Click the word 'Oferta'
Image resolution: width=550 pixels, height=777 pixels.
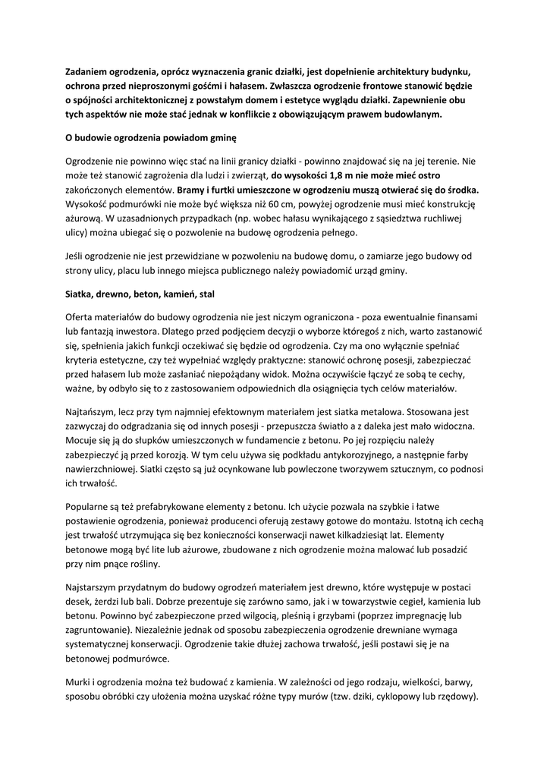(81, 316)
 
